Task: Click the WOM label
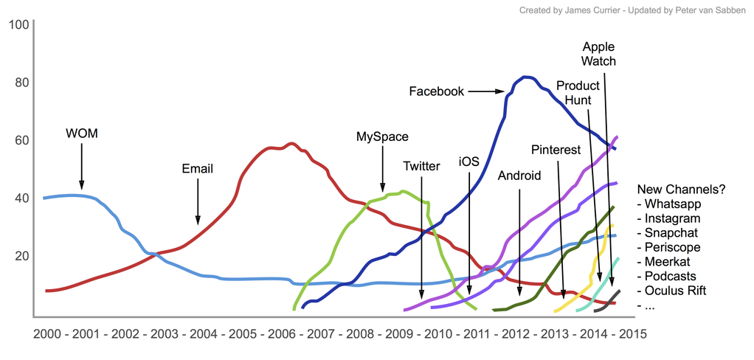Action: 82,134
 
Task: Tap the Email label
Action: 197,169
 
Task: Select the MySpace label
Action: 382,136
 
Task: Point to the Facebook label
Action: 437,91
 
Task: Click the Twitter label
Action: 421,166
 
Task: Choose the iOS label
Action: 469,162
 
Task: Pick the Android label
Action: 519,176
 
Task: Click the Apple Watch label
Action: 598,54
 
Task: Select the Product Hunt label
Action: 578,92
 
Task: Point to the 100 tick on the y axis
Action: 18,24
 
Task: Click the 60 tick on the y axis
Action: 21,140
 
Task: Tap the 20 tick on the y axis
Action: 21,256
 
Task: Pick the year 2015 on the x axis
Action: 632,333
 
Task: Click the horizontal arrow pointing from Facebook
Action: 485,91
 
